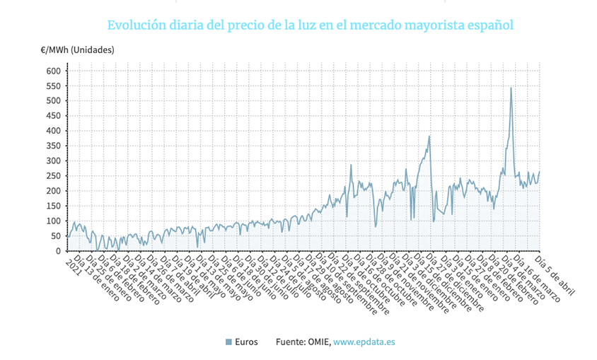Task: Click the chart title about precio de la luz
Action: click(311, 25)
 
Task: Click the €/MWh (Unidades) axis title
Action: click(77, 50)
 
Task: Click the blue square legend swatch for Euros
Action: click(228, 342)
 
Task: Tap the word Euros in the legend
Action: click(247, 342)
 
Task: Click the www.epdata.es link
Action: click(364, 342)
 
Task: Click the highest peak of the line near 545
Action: click(511, 88)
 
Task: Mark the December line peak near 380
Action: click(429, 137)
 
